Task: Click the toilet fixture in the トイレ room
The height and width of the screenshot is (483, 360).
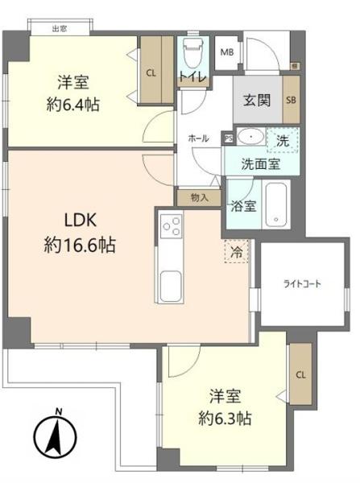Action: pos(193,54)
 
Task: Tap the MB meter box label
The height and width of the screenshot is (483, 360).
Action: pos(227,52)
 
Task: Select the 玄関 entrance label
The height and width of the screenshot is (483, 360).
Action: pos(257,100)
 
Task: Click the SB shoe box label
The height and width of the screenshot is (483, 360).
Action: pos(292,100)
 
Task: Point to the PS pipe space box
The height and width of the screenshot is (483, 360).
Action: pos(229,138)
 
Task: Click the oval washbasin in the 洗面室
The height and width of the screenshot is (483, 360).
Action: pos(252,137)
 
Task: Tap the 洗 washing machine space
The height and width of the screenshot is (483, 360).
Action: pos(283,140)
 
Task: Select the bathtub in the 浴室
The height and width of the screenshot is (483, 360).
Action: pos(276,204)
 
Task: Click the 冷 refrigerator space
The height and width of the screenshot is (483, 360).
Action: pos(237,251)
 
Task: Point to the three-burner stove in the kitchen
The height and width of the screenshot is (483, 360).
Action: pos(171,226)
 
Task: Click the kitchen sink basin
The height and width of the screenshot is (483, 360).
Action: pos(171,287)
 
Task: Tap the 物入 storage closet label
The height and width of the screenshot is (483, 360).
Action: pos(200,198)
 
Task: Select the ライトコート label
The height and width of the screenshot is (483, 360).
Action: pos(302,283)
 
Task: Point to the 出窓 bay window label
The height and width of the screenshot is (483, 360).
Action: pos(60,29)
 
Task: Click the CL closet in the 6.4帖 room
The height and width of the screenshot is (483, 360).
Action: pos(156,70)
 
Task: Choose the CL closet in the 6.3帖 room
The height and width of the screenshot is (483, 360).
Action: pos(301,374)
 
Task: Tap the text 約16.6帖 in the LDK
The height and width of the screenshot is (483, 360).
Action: pos(80,245)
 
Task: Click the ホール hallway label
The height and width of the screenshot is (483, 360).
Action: pos(198,138)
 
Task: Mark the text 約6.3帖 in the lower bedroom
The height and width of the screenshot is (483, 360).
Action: pos(225,419)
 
